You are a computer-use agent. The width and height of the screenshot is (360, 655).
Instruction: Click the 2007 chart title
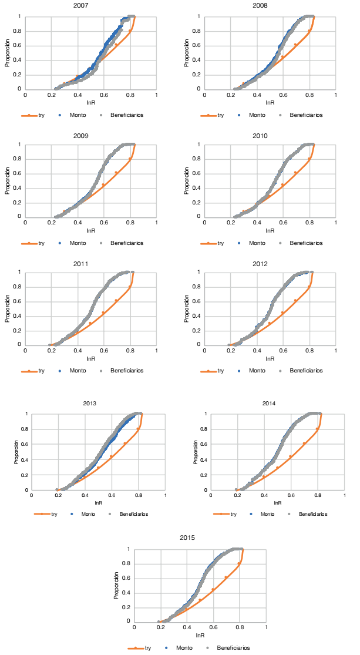point(90,6)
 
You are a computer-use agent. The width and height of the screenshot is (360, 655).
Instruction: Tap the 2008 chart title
point(270,6)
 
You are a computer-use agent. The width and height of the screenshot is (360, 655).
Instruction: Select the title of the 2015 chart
point(188,538)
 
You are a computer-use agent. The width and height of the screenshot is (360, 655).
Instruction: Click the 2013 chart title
point(90,404)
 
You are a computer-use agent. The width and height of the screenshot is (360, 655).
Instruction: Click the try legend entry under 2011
point(41,371)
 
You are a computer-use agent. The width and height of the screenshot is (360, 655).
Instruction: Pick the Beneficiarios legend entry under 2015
point(233,647)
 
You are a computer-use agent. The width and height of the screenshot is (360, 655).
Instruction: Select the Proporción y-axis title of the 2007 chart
point(8,53)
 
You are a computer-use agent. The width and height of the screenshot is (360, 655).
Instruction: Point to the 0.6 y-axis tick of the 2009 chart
point(19,173)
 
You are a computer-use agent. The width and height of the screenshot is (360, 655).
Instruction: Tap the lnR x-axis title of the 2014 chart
point(275,503)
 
